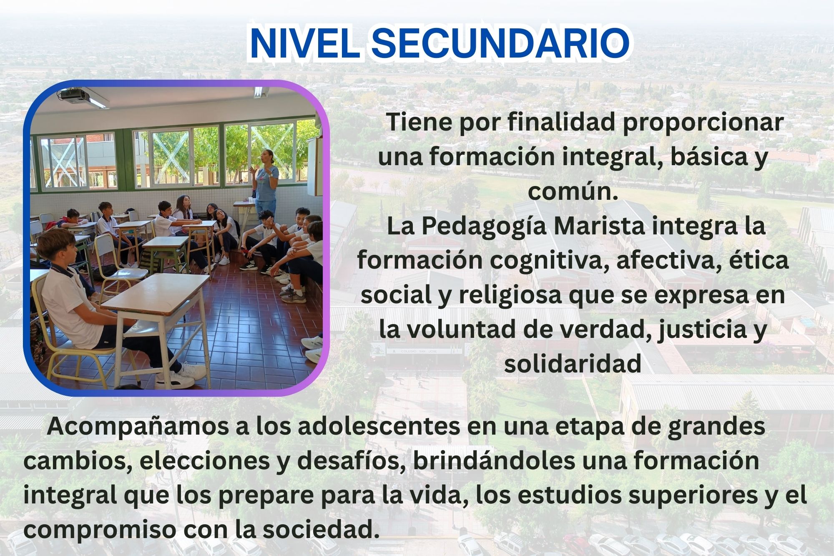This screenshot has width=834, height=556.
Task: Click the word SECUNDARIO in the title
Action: pyautogui.click(x=500, y=43)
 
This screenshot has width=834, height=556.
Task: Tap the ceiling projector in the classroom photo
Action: pyautogui.click(x=74, y=96)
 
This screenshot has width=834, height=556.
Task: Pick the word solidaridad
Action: pyautogui.click(x=573, y=364)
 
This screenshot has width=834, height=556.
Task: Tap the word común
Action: pyautogui.click(x=572, y=192)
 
